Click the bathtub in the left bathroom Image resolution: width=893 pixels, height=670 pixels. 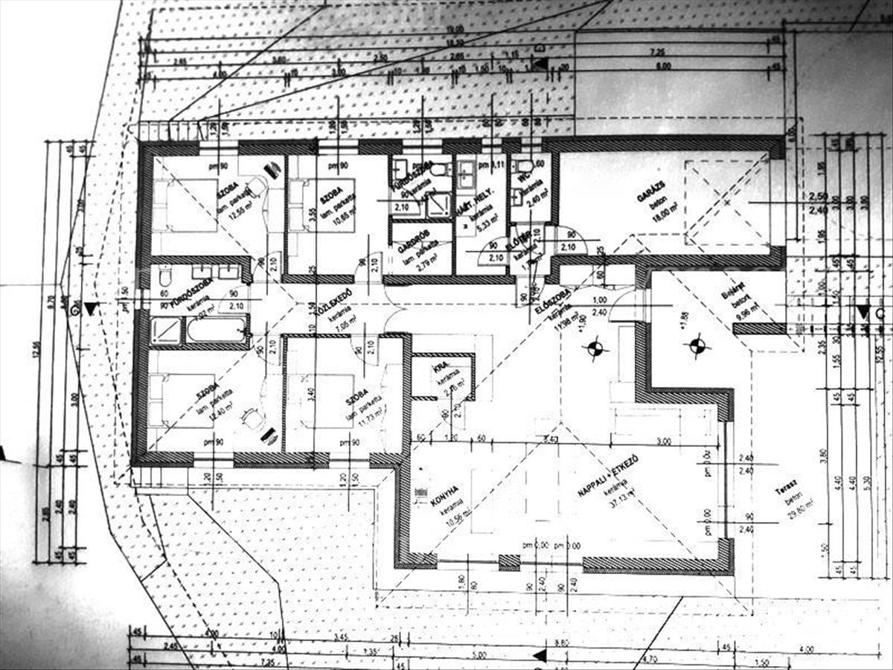tap(216, 329)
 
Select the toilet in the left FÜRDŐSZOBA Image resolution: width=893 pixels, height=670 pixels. tap(165, 278)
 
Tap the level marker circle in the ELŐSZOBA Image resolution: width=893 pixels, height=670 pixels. tap(595, 347)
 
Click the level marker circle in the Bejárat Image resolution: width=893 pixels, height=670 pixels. tap(697, 345)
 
